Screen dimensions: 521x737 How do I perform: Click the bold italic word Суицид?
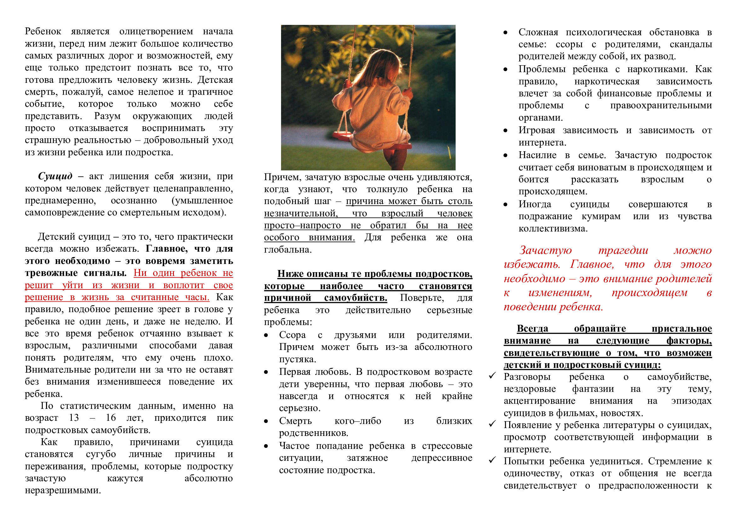pyautogui.click(x=55, y=176)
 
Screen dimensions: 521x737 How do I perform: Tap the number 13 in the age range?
pyautogui.click(x=74, y=418)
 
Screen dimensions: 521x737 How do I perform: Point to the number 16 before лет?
pyautogui.click(x=111, y=418)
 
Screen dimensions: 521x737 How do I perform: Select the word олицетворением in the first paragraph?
pyautogui.click(x=156, y=31)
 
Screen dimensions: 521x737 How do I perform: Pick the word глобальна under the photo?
pyautogui.click(x=287, y=249)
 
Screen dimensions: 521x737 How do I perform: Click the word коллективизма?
pyautogui.click(x=553, y=228)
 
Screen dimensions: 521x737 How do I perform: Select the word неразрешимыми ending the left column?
pyautogui.click(x=63, y=490)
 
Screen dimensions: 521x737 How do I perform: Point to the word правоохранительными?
pyautogui.click(x=661, y=105)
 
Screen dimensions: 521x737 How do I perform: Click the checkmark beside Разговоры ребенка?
pyautogui.click(x=492, y=376)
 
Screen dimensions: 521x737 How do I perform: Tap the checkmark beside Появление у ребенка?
pyautogui.click(x=492, y=424)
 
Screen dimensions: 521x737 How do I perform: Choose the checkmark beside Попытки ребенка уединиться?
pyautogui.click(x=492, y=461)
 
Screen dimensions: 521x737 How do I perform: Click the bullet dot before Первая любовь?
pyautogui.click(x=266, y=372)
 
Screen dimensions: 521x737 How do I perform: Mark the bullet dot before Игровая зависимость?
pyautogui.click(x=505, y=131)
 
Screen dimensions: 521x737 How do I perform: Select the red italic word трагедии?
pyautogui.click(x=623, y=250)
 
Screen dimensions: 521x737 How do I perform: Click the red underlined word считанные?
pyautogui.click(x=155, y=297)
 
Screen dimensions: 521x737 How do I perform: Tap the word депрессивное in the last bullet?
pyautogui.click(x=442, y=458)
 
